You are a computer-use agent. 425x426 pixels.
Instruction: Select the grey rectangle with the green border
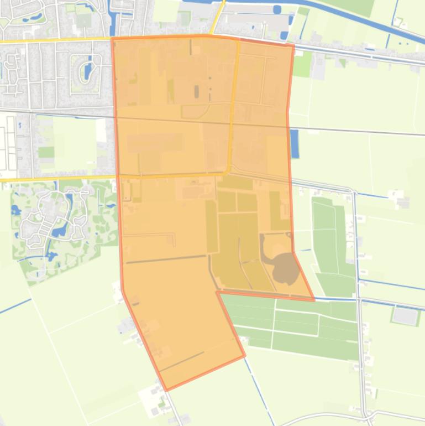click(405, 316)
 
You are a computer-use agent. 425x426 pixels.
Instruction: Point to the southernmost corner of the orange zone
click(166, 390)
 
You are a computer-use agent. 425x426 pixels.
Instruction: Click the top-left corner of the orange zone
click(113, 39)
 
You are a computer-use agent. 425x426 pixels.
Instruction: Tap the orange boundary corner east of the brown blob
click(313, 300)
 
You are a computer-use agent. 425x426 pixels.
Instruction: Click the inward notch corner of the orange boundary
click(218, 292)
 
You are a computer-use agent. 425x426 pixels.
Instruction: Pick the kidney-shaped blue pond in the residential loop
click(87, 71)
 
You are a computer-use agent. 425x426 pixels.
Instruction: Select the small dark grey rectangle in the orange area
click(196, 91)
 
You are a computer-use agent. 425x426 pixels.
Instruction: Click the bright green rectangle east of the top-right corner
click(302, 64)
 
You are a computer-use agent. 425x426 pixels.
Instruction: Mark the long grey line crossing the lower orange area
click(166, 259)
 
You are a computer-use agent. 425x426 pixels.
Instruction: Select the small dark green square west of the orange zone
click(46, 152)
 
